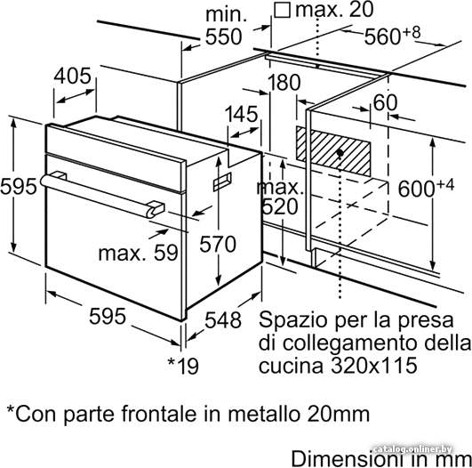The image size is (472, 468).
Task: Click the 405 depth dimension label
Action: pos(72,76)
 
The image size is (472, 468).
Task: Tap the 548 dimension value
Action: pos(223,319)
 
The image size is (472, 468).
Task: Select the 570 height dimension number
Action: pos(218,244)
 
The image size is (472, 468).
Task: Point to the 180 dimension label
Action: pos(284,82)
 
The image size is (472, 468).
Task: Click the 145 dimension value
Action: pos(242,114)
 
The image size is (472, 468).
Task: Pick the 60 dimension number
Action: pos(385,102)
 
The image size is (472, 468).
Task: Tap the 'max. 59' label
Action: pos(138,253)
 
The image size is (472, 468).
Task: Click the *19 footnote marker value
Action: pos(183,366)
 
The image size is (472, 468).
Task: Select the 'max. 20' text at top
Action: pos(334,9)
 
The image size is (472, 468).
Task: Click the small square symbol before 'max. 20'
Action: pos(283,11)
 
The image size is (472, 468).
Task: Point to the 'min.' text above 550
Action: pos(226,14)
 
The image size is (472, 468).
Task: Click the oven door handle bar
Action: pos(99,195)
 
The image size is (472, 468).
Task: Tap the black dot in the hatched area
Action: pos(340,153)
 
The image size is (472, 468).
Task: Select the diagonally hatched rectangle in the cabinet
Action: pos(333,151)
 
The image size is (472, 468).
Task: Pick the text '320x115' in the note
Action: pos(374,366)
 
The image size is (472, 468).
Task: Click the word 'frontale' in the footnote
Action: pos(158,414)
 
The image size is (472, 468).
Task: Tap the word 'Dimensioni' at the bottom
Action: pos(348,459)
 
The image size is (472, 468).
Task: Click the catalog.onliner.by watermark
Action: pos(412,449)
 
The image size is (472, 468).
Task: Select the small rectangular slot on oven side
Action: pos(222,182)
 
